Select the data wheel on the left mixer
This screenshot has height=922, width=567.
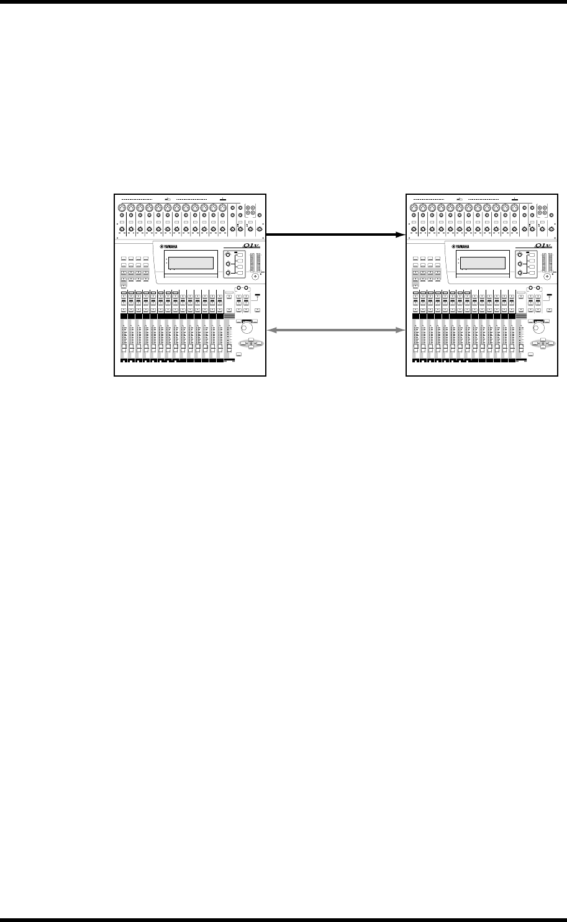(x=248, y=327)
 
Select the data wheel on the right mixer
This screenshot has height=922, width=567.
(x=538, y=327)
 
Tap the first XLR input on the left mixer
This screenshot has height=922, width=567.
(x=122, y=208)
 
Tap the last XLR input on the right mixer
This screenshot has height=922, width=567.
(x=514, y=208)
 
